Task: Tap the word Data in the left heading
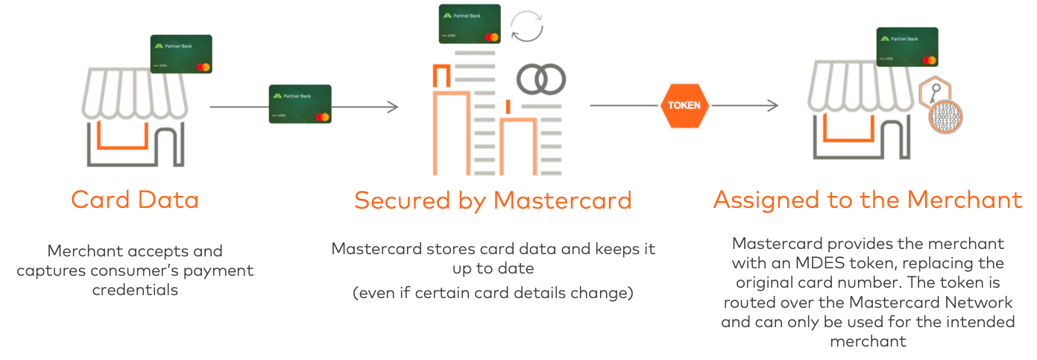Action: pos(170,200)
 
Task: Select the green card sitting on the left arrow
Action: pos(300,104)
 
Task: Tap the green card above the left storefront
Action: pos(181,54)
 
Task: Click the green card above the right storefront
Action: pos(904,47)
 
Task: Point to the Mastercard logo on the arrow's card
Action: pos(323,117)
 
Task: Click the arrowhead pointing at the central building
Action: pos(394,107)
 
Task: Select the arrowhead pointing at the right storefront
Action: pos(774,107)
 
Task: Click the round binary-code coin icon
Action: pos(945,117)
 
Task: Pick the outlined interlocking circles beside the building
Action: pos(538,78)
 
